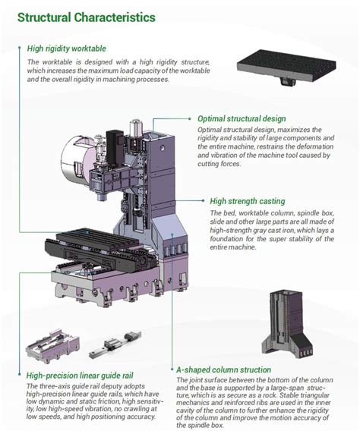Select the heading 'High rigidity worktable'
click(x=71, y=49)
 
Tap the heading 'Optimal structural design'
click(x=242, y=119)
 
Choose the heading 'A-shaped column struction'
click(x=223, y=369)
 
